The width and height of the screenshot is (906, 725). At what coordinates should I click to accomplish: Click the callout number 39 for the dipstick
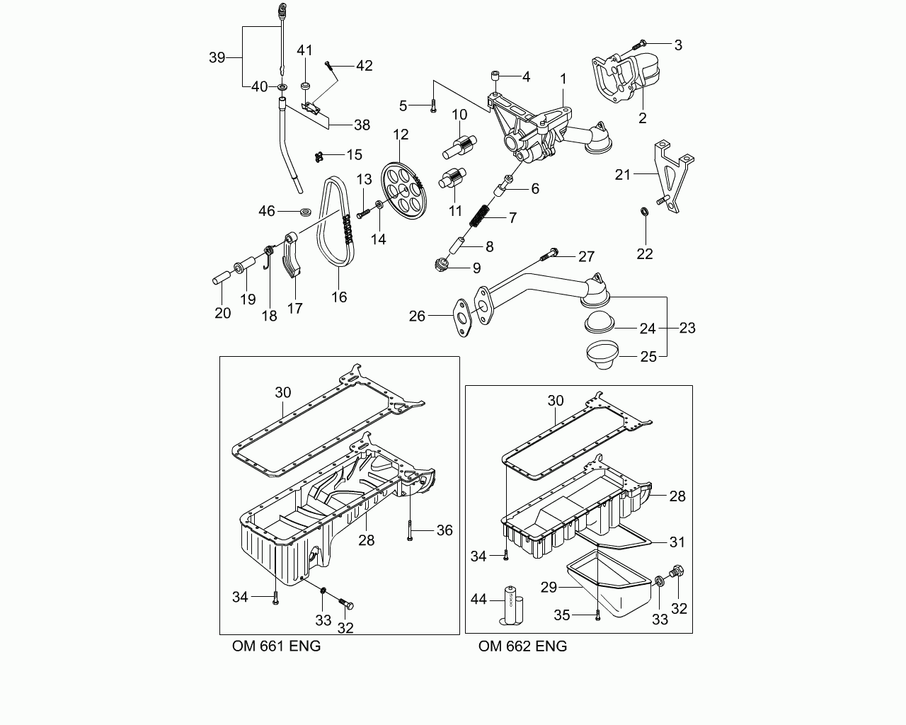click(x=217, y=57)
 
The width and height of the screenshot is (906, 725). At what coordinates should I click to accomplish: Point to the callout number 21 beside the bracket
click(x=622, y=174)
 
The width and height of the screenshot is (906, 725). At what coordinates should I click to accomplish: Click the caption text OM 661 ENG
click(x=276, y=646)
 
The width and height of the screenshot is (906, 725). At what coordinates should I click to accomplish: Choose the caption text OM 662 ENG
click(x=522, y=646)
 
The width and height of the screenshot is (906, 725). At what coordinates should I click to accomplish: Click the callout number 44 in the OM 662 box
click(x=478, y=600)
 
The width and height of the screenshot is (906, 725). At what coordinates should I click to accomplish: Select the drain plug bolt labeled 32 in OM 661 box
click(x=346, y=603)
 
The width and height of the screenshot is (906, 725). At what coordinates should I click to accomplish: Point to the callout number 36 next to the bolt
click(x=444, y=530)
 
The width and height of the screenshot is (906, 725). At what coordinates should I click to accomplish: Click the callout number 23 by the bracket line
click(x=687, y=328)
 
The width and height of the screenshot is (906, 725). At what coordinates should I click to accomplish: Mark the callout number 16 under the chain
click(x=339, y=297)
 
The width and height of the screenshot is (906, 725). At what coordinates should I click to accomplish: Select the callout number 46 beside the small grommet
click(x=266, y=211)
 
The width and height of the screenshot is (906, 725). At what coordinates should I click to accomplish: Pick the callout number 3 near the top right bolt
click(x=678, y=45)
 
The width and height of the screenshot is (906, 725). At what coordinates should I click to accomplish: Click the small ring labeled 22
click(x=644, y=212)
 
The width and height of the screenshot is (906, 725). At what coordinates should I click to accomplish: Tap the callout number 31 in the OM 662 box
click(x=677, y=542)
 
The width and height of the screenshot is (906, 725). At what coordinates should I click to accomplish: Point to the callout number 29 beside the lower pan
click(x=549, y=587)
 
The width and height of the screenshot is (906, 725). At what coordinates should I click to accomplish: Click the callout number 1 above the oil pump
click(x=563, y=79)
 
